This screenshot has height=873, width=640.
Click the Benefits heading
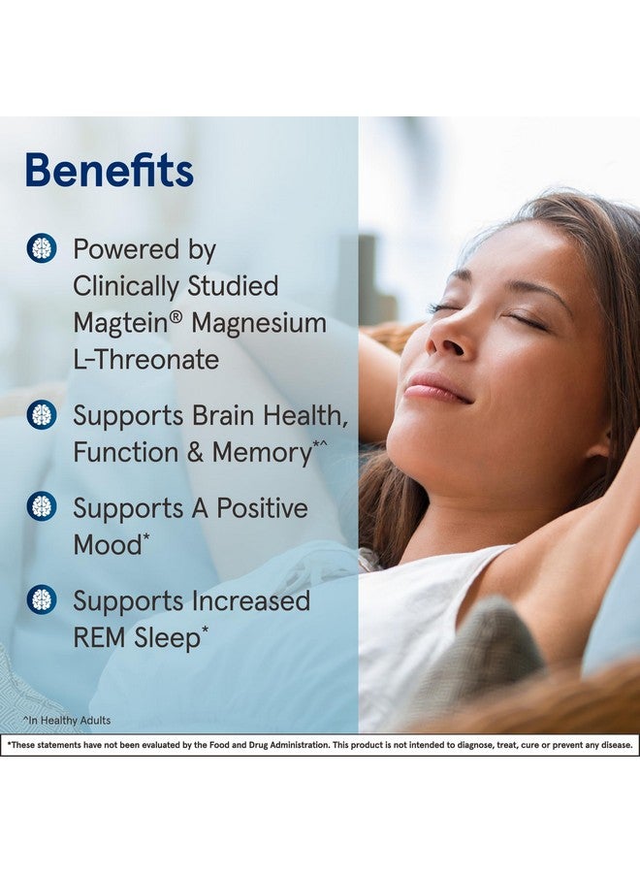tap(109, 171)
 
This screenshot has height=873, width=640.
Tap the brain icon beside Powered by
tap(41, 248)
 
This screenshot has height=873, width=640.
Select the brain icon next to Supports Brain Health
tap(41, 415)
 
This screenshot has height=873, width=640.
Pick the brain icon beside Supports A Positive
tap(41, 507)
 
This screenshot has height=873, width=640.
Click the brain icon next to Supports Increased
tap(41, 599)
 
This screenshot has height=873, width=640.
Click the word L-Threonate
tap(145, 360)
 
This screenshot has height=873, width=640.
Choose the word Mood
tap(107, 545)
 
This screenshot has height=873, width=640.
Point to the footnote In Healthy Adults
tap(68, 721)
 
